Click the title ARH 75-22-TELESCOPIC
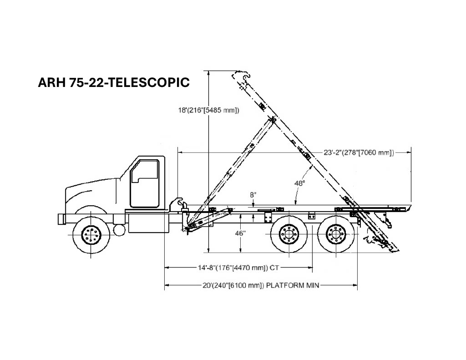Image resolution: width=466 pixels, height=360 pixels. (114, 82)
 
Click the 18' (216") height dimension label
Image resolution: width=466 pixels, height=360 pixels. (208, 110)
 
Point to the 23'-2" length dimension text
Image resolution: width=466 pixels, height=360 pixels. (359, 152)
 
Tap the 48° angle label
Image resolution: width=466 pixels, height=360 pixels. (299, 183)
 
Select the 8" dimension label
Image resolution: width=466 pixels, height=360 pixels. (253, 195)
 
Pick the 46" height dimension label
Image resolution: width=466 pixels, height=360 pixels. (240, 233)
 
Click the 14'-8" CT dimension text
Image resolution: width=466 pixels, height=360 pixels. (238, 268)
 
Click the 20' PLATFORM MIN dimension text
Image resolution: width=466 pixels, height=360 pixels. (261, 285)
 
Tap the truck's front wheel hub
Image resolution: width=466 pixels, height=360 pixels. (91, 234)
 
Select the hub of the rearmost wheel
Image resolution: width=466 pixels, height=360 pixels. (336, 235)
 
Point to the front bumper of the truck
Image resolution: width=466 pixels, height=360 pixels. (61, 219)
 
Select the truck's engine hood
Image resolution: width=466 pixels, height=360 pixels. (92, 193)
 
